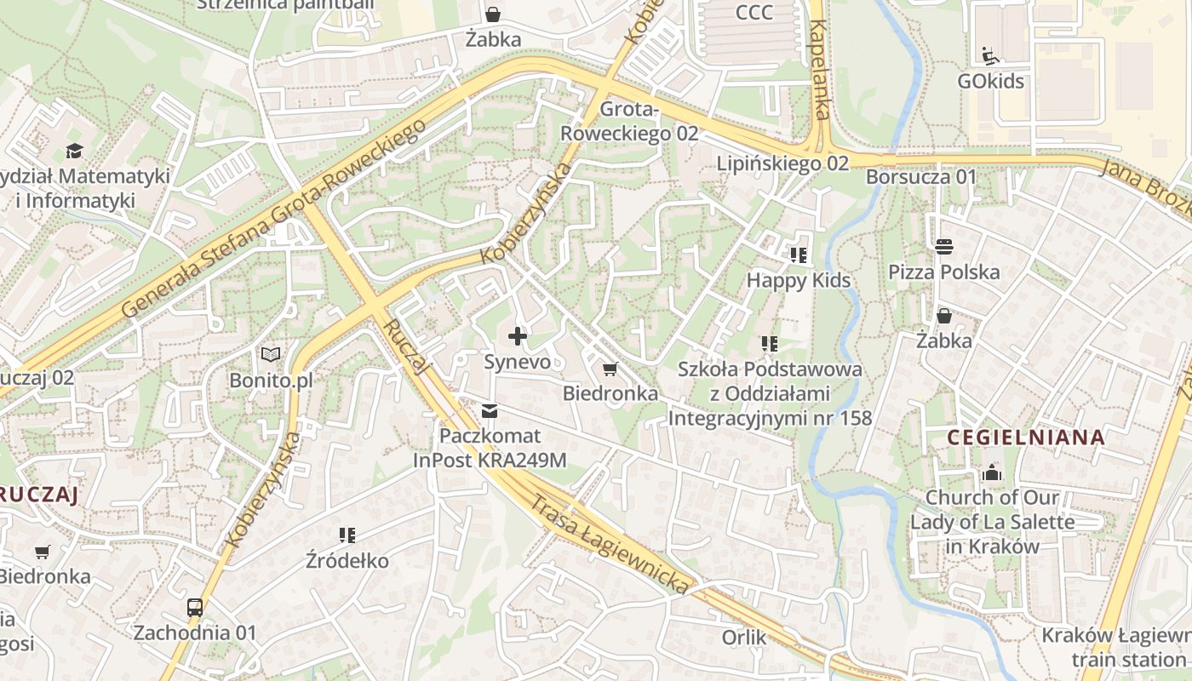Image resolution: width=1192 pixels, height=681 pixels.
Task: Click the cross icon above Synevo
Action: (517, 336)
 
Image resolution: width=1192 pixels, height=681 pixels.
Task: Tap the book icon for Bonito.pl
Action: (271, 355)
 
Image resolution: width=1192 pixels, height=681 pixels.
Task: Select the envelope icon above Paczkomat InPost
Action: (490, 411)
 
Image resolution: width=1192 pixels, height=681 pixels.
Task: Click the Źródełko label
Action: (347, 561)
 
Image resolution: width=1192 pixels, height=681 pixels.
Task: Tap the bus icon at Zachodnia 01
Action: (195, 607)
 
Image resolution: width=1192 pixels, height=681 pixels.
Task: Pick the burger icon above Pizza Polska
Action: (943, 247)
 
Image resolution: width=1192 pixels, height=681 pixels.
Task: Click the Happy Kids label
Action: (798, 280)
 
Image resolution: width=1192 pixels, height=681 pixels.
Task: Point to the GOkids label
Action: (991, 82)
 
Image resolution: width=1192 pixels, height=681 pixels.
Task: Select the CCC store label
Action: (754, 12)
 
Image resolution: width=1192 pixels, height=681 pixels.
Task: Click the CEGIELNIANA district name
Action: (1026, 438)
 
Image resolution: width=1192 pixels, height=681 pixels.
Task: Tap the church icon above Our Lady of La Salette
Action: (992, 472)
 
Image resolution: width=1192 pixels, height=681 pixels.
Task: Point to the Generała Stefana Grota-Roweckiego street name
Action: (272, 219)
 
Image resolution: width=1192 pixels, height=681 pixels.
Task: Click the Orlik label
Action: (744, 638)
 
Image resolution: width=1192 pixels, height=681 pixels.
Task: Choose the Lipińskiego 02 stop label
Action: (782, 163)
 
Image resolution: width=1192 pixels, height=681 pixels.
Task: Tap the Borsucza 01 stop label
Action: (921, 177)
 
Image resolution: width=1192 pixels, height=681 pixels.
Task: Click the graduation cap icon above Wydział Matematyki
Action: (75, 152)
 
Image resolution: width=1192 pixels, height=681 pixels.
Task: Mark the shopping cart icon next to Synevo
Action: (610, 369)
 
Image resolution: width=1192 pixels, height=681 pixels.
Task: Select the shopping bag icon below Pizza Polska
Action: (943, 316)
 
